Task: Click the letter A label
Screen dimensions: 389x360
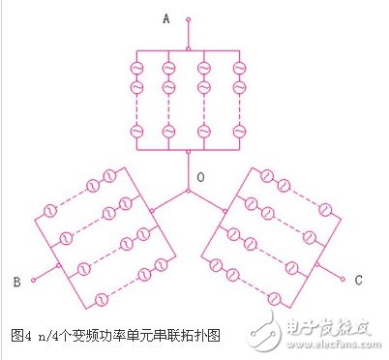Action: pyautogui.click(x=166, y=17)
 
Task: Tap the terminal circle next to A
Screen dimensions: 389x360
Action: pyautogui.click(x=188, y=18)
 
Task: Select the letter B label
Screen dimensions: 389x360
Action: pyautogui.click(x=16, y=283)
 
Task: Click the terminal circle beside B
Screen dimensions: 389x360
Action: pyautogui.click(x=34, y=281)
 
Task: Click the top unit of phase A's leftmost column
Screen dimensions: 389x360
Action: pyautogui.click(x=137, y=69)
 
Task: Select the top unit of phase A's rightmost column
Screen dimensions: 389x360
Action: pyautogui.click(x=235, y=69)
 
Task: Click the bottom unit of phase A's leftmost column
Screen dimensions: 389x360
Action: pyautogui.click(x=137, y=131)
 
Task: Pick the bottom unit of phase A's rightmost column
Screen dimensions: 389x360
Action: pyautogui.click(x=235, y=131)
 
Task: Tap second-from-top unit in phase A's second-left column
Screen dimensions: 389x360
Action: pyautogui.click(x=169, y=87)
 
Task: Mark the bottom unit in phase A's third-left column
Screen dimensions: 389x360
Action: pyautogui.click(x=203, y=131)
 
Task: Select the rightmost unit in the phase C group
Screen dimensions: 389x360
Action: pyautogui.click(x=326, y=207)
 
